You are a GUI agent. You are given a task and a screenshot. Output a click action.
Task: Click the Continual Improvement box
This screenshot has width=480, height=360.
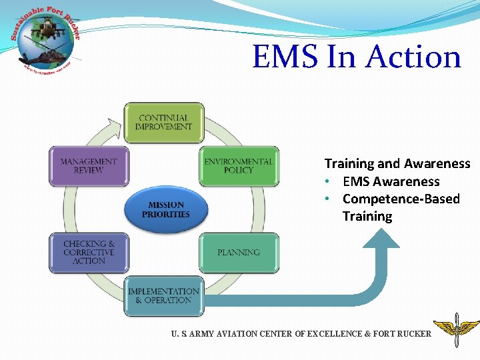pos(163,123)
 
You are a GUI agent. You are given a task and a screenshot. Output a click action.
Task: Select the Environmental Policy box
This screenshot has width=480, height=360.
pos(239,166)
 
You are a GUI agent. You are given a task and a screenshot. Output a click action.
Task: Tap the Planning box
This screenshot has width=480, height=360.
pos(239,253)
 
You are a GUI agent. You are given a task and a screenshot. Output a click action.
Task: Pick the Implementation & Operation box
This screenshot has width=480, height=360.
pos(163,296)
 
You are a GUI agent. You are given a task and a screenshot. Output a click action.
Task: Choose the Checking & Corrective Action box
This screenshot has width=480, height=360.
pos(89,253)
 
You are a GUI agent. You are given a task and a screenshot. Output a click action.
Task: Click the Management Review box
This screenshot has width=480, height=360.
pos(89,166)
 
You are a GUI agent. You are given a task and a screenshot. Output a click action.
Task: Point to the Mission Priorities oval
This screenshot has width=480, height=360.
pos(165,210)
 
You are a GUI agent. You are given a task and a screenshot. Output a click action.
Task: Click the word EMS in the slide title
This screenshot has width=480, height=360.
pos(286,57)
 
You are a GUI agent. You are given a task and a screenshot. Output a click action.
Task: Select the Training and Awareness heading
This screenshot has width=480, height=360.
pos(397,163)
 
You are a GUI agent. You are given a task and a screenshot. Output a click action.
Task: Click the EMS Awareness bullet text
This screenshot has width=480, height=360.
pos(391,181)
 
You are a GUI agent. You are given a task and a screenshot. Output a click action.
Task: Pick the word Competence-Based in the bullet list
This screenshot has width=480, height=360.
pos(401,199)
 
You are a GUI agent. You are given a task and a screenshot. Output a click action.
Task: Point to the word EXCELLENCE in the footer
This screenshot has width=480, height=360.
pos(341,333)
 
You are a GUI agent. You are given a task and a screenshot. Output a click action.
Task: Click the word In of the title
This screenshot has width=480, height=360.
pos(342,57)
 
